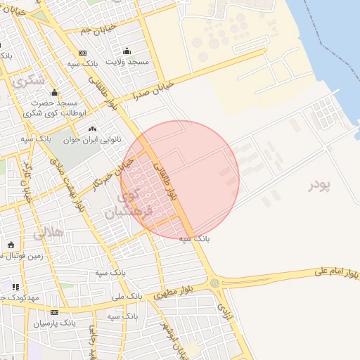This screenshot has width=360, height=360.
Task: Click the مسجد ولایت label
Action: [128, 62]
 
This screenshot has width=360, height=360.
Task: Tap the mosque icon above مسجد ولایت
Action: [127, 51]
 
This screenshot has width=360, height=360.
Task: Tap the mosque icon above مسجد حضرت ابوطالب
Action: [54, 93]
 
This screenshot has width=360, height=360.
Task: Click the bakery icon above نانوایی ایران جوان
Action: [92, 129]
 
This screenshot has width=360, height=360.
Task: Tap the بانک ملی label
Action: [127, 297]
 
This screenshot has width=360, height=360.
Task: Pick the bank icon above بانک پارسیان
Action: [54, 313]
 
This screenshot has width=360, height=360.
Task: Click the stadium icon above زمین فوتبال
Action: [11, 245]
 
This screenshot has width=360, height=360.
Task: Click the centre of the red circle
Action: [180, 179]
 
